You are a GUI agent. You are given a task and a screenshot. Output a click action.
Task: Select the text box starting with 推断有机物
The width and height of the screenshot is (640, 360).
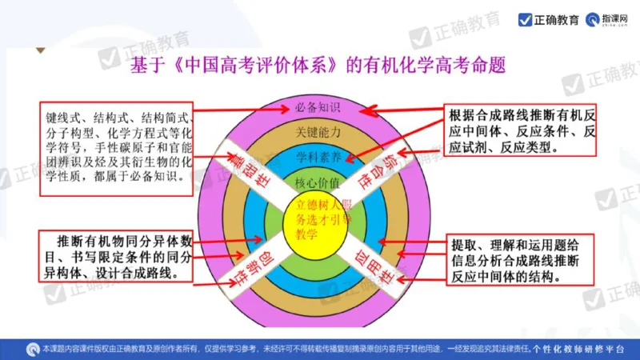tap(119, 256)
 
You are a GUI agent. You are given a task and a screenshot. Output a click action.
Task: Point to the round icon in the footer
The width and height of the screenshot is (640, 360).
tap(32, 349)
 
